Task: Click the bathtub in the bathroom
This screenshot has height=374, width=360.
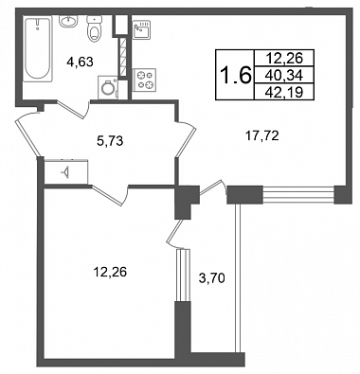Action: (38, 49)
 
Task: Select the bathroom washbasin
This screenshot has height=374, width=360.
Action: (68, 22)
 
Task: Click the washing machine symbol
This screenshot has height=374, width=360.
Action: (108, 87)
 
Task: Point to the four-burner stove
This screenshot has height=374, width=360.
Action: (144, 80)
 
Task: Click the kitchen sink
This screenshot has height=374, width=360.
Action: (141, 29)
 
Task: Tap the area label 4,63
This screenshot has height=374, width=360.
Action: (80, 62)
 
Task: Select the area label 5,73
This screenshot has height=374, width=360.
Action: (110, 141)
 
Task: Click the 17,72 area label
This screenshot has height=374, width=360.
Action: (261, 136)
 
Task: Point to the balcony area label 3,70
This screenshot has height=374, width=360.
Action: (211, 278)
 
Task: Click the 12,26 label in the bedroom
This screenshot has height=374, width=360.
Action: (110, 272)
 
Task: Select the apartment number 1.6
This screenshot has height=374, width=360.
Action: (235, 76)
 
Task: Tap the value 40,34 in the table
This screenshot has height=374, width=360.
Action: (284, 75)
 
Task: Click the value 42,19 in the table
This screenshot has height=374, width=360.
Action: (284, 92)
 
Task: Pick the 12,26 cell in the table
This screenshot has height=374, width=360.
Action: (284, 58)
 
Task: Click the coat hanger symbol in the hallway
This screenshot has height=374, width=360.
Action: (65, 172)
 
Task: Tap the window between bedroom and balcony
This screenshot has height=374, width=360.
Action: (183, 276)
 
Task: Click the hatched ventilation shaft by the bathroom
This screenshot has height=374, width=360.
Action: (123, 57)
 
